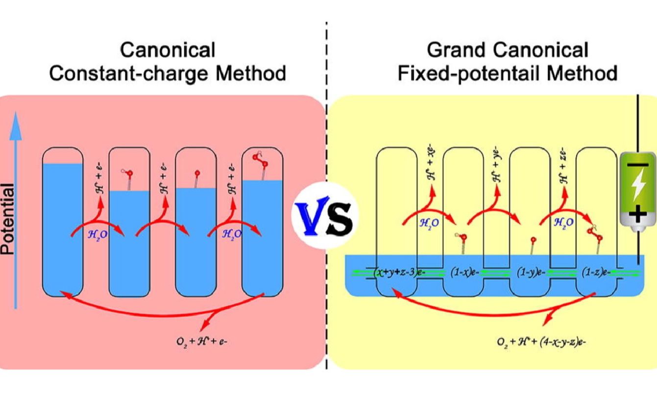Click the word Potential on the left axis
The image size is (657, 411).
point(8,219)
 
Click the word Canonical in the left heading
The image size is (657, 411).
point(168,50)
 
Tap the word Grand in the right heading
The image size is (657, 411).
point(456,50)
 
